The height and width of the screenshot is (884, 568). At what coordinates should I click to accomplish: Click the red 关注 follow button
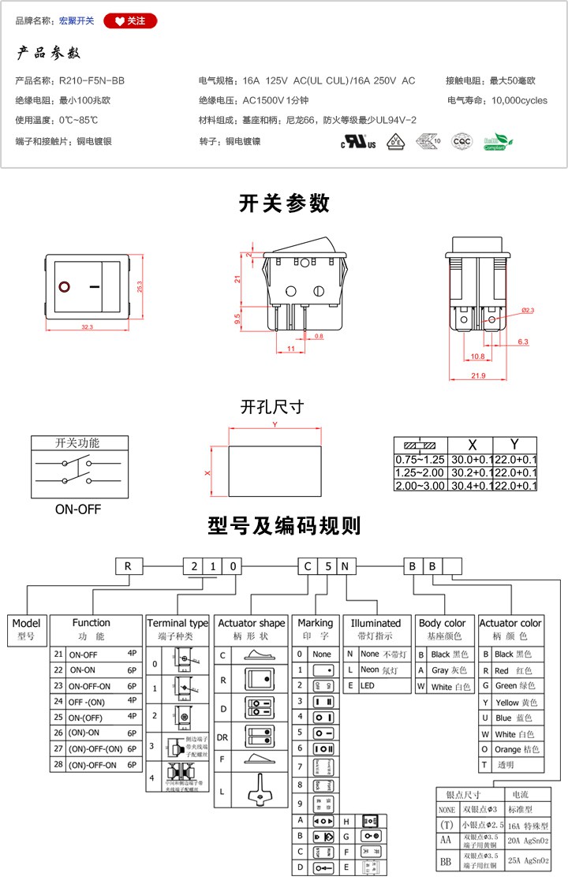(x=130, y=21)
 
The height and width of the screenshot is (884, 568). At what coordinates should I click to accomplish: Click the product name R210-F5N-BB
(x=92, y=80)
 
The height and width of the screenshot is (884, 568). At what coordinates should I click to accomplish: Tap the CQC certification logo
(x=461, y=142)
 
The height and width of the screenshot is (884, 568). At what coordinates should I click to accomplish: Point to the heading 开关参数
(x=284, y=203)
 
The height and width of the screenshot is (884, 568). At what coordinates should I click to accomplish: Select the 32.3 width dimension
(x=87, y=326)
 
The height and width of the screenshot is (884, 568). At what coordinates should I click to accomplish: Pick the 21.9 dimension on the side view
(x=477, y=375)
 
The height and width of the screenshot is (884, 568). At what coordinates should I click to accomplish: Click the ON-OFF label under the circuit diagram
(x=78, y=509)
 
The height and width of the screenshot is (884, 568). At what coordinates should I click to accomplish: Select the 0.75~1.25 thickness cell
(x=420, y=459)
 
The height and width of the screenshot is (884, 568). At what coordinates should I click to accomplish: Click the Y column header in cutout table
(x=514, y=444)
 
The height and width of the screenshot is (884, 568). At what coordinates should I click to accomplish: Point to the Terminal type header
(x=178, y=623)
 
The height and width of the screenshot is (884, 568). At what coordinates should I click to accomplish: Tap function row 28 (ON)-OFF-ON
(x=93, y=765)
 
